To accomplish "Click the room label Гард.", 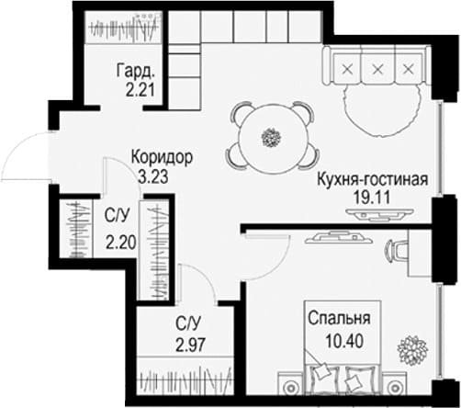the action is pos(135,71).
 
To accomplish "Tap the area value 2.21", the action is pos(140,90).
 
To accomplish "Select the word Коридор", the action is pos(162,157).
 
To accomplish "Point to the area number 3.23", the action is pos(153,176).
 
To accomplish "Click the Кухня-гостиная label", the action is pos(372,179).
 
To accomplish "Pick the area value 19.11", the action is pos(372,198).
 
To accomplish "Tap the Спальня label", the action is pos(339,319).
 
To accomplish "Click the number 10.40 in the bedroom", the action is pos(344,341).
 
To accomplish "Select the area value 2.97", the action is pos(190,345).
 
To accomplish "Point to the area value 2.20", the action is pos(121,244).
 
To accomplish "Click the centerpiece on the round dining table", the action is pos(271,138).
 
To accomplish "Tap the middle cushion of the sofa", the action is pos(377,69).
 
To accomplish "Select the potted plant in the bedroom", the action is pos(412,350).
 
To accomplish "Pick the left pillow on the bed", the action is pos(321,371).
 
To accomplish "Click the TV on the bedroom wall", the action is pos(339,238).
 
